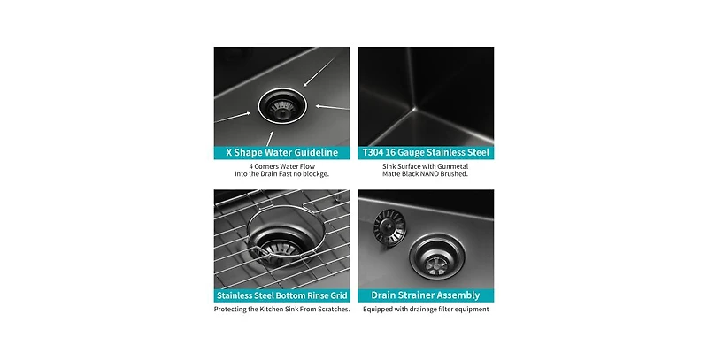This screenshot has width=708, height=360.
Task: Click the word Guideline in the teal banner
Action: coord(312,152)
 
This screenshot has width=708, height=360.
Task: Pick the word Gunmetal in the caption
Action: coord(473,165)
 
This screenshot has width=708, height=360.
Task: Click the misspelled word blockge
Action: coord(315,174)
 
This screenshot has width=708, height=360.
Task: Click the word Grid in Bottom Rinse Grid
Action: coord(333,295)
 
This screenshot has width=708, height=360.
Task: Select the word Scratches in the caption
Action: coord(329,309)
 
